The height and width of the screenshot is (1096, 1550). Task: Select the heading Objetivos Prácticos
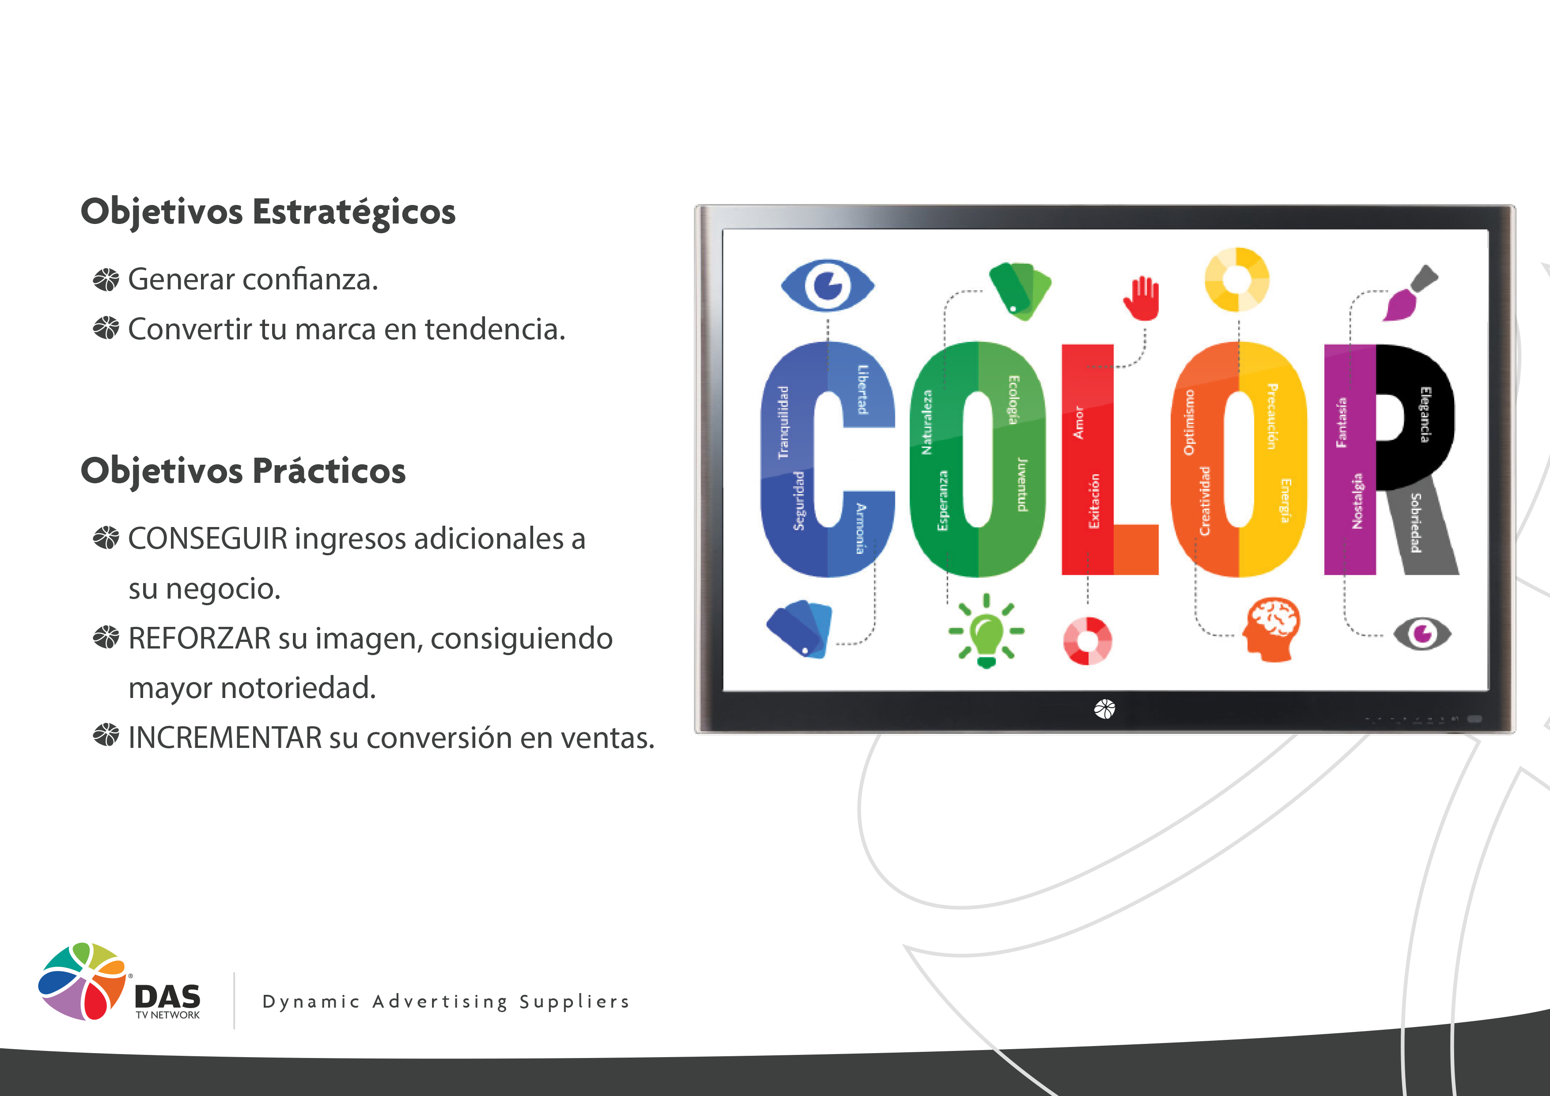(x=243, y=470)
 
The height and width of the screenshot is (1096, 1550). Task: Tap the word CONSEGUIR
(x=208, y=539)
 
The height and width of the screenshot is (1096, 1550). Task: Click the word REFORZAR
(x=199, y=638)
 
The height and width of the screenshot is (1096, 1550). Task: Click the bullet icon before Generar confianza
(x=106, y=280)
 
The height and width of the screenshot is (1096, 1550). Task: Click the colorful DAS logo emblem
(x=82, y=981)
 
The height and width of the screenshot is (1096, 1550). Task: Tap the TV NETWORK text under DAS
(x=167, y=1015)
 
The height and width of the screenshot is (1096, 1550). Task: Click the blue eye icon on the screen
(x=828, y=286)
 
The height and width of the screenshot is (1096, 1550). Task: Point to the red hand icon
(x=1141, y=298)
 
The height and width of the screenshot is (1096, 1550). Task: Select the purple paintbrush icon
(x=1410, y=293)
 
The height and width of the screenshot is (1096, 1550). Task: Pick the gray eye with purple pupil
(x=1422, y=633)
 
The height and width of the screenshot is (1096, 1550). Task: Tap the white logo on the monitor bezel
(x=1104, y=709)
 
